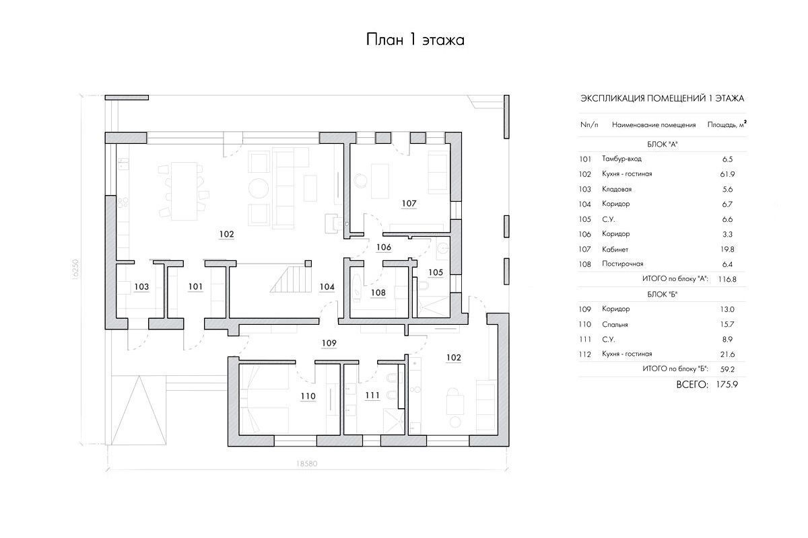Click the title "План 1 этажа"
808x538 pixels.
click(x=415, y=40)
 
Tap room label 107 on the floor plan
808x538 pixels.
click(x=409, y=204)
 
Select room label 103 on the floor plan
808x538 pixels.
click(x=141, y=287)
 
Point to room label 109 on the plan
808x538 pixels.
click(x=329, y=343)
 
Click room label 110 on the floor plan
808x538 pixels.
click(x=308, y=396)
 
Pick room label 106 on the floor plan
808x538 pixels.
click(x=383, y=247)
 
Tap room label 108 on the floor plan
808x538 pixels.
click(x=378, y=293)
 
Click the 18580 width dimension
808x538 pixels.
click(x=306, y=464)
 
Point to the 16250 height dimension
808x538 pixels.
click(x=75, y=269)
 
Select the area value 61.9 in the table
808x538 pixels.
click(x=727, y=174)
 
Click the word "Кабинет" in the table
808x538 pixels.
click(x=615, y=249)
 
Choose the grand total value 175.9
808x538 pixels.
click(x=727, y=385)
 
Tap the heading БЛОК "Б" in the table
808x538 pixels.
click(x=663, y=295)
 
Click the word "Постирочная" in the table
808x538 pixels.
click(x=623, y=264)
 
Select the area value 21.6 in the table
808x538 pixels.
click(x=727, y=354)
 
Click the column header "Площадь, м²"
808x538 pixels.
click(x=727, y=124)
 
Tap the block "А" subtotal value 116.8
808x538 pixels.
click(x=727, y=279)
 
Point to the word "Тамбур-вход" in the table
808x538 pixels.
click(x=621, y=159)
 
